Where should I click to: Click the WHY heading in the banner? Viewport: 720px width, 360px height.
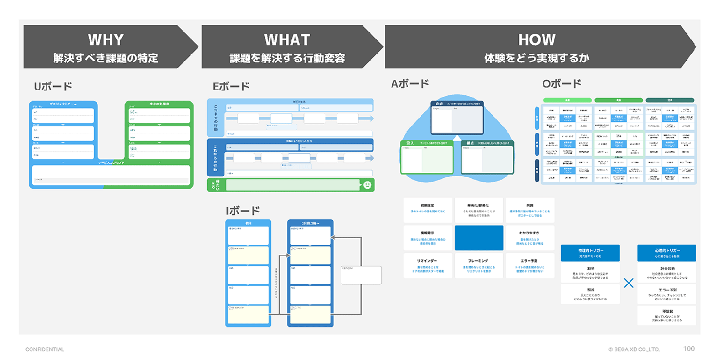[106, 40]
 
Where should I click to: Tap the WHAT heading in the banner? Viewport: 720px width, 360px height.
[287, 40]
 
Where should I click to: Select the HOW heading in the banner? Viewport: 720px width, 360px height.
[537, 40]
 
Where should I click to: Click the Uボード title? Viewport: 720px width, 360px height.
[53, 86]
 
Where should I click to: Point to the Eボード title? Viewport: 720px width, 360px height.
[231, 86]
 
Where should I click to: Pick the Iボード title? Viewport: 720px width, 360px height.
[243, 210]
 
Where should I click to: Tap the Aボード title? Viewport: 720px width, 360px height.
[410, 84]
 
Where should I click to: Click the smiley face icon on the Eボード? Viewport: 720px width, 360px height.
[367, 186]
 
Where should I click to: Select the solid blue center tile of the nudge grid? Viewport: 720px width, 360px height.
[479, 238]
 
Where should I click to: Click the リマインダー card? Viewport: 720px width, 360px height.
[428, 265]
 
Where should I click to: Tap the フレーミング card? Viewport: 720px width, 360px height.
[479, 265]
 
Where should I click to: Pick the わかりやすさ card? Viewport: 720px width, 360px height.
[529, 238]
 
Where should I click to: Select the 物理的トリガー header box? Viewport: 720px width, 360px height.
[590, 253]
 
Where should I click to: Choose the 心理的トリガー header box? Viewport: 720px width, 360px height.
[666, 253]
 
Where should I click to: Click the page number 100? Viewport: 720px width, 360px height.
[689, 349]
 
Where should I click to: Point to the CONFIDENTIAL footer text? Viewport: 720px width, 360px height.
[45, 349]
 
